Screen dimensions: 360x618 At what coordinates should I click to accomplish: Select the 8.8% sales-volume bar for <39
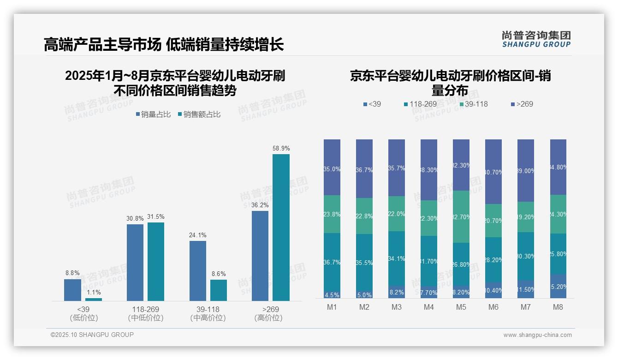[x=72, y=290]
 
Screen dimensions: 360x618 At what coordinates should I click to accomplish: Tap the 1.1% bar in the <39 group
[x=94, y=300]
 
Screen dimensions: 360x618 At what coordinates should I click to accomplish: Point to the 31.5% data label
[x=156, y=217]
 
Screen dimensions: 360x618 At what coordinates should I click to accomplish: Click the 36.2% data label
[x=260, y=205]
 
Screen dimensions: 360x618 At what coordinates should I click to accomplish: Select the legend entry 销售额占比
[x=199, y=114]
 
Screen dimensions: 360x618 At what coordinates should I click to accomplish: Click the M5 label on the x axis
[x=461, y=307]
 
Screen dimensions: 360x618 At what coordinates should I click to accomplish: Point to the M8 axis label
[x=558, y=307]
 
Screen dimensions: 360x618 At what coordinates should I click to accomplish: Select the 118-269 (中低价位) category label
[x=146, y=313]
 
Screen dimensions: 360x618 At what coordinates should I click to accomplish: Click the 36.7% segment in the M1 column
[x=332, y=262]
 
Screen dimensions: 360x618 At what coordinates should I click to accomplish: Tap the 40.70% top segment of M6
[x=493, y=172]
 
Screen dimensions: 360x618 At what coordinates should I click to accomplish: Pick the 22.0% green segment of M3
[x=397, y=214]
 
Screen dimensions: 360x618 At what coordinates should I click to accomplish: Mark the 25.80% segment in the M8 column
[x=558, y=254]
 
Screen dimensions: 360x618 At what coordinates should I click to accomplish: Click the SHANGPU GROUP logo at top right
[x=536, y=39]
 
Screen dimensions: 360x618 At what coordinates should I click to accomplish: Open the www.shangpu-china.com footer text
[x=537, y=335]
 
